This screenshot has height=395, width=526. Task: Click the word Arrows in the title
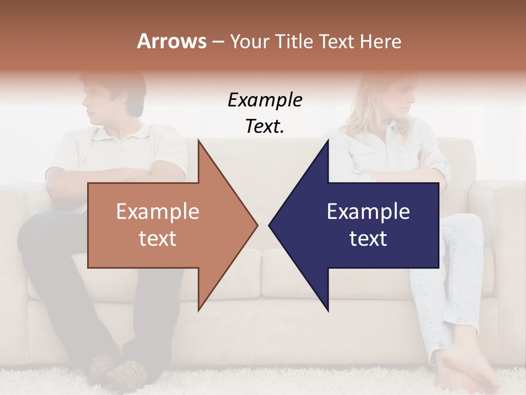(171, 41)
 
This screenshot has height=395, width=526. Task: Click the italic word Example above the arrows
(265, 100)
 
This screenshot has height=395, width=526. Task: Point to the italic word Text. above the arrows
(265, 126)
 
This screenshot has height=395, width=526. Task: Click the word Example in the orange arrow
(157, 212)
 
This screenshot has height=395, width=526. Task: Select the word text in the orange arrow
(157, 239)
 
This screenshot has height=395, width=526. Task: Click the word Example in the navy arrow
(368, 212)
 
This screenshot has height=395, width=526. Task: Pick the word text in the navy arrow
(368, 239)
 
